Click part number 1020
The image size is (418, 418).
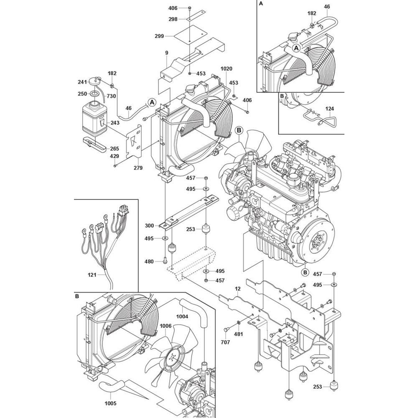[x=226, y=69]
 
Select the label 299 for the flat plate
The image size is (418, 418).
[x=159, y=36]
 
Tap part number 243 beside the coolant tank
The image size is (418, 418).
[x=115, y=123]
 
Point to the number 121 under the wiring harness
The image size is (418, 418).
[x=92, y=275]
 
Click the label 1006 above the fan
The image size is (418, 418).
[x=166, y=326]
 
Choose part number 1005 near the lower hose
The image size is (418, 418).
[x=110, y=403]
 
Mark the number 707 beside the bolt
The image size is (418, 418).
[x=225, y=342]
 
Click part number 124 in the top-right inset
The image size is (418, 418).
[x=329, y=109]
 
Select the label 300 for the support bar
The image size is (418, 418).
[x=149, y=226]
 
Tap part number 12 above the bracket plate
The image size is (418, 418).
[x=238, y=289]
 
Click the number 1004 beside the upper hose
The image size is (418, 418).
[x=182, y=316]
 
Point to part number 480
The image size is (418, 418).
[x=149, y=262]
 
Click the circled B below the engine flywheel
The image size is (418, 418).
[x=305, y=273]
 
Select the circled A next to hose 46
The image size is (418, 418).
[x=152, y=102]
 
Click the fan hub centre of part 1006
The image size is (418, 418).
[x=172, y=358]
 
